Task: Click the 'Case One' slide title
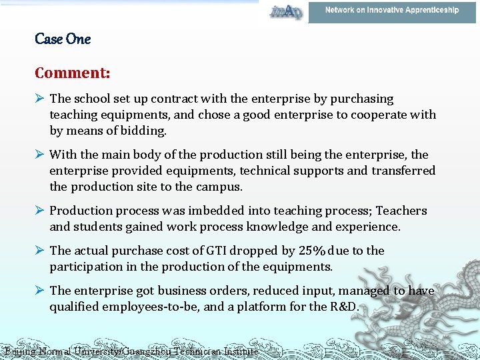63,39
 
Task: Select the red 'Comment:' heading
73,72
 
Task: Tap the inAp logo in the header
285,11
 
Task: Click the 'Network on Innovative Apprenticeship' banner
392,11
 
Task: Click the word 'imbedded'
211,211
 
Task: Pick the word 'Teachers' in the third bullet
401,211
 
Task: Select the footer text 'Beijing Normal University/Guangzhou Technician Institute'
131,351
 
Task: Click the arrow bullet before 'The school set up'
40,99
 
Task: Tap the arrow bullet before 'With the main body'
40,155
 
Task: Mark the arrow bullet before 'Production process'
40,211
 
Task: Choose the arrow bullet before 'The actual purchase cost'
40,251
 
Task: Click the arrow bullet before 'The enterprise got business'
40,291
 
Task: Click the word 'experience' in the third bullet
369,227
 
